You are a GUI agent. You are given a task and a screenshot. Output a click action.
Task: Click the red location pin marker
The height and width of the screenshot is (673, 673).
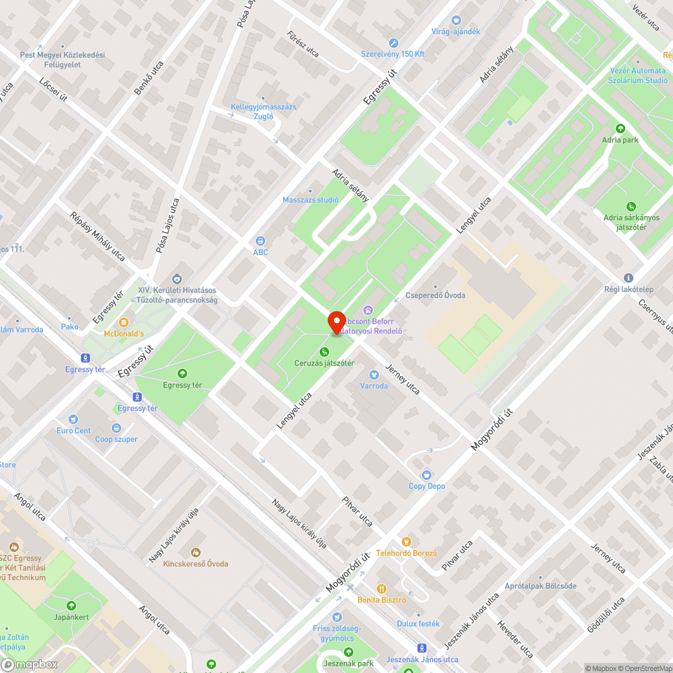click(x=336, y=322)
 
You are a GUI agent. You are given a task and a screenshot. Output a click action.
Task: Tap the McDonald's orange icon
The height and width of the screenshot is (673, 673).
click(x=124, y=322)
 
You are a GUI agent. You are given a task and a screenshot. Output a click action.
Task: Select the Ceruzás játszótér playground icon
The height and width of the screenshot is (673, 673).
click(x=324, y=351)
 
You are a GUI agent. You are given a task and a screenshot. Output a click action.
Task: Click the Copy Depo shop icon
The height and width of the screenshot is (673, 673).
click(x=427, y=474)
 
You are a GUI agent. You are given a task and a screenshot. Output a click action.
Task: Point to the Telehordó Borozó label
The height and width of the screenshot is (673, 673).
click(x=407, y=553)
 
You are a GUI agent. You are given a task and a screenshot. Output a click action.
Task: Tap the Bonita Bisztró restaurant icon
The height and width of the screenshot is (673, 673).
click(x=382, y=588)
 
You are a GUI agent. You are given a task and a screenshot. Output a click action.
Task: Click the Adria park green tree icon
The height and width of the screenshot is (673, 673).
click(x=621, y=129)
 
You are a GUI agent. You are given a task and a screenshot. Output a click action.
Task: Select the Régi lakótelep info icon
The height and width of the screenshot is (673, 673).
click(x=629, y=277)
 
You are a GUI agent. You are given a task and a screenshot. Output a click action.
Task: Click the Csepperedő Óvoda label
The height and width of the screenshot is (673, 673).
click(x=435, y=295)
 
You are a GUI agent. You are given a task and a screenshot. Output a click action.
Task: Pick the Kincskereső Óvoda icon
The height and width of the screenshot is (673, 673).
click(x=196, y=552)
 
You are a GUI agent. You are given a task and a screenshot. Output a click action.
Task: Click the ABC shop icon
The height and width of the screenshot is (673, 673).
click(x=260, y=241)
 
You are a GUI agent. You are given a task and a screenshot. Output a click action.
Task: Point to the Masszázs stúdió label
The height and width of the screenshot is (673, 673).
click(x=310, y=200)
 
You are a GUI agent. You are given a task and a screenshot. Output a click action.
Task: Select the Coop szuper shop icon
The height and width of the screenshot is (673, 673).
click(x=116, y=427)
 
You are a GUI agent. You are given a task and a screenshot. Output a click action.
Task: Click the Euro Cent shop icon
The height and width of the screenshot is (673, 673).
click(x=73, y=419)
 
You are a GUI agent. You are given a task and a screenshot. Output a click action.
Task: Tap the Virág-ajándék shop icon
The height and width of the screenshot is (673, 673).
click(x=456, y=20)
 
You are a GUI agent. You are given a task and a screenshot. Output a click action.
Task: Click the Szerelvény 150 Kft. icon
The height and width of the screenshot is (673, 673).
click(x=394, y=42)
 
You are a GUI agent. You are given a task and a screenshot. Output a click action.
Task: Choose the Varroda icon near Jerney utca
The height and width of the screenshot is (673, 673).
click(x=374, y=374)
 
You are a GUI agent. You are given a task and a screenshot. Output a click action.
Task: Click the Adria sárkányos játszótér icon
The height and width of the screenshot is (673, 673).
click(x=631, y=206)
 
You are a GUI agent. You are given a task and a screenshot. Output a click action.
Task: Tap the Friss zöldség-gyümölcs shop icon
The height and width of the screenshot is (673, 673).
click(x=337, y=617)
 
